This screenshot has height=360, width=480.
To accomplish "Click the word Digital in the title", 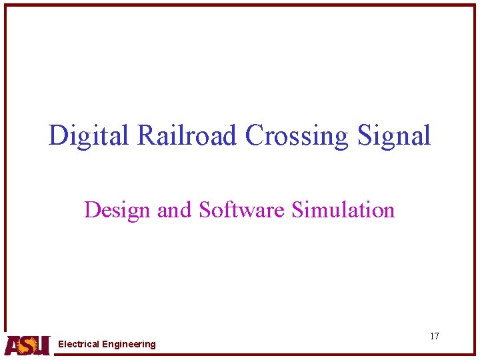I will (x=90, y=136).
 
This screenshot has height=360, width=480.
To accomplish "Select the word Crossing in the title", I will (x=297, y=136).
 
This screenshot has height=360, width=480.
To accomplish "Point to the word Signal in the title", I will (x=394, y=136).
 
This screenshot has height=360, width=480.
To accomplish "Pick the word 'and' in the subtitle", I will (x=174, y=211).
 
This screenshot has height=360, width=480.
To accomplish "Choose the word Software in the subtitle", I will (x=243, y=211).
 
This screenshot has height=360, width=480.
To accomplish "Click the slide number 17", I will (x=434, y=336).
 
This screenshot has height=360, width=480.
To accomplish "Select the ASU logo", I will (x=27, y=345).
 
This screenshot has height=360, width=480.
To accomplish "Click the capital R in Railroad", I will (x=147, y=136).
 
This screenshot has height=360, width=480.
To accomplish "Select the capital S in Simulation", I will (x=297, y=211).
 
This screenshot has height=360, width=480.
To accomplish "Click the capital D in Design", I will (x=92, y=211).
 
